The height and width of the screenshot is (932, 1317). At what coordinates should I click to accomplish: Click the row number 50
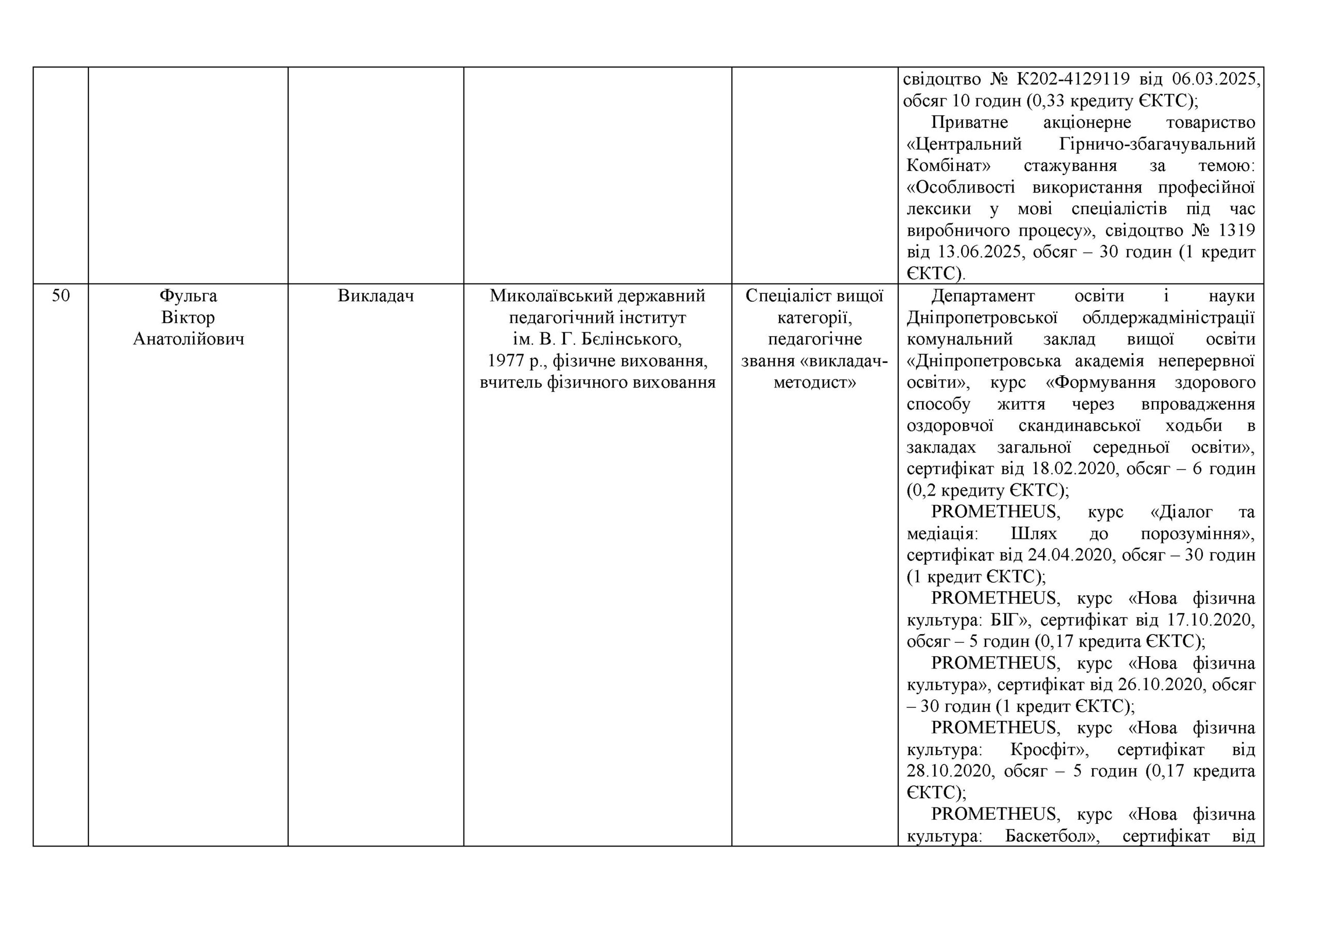click(61, 296)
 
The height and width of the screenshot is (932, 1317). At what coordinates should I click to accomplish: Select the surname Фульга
click(188, 296)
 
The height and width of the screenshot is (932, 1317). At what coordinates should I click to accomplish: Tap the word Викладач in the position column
click(376, 296)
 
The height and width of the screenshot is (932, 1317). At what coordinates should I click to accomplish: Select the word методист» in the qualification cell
click(814, 383)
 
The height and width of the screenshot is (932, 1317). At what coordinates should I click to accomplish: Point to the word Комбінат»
click(949, 166)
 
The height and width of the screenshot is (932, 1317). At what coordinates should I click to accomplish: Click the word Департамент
click(983, 296)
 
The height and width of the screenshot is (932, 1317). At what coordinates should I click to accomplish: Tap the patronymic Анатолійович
click(188, 339)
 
